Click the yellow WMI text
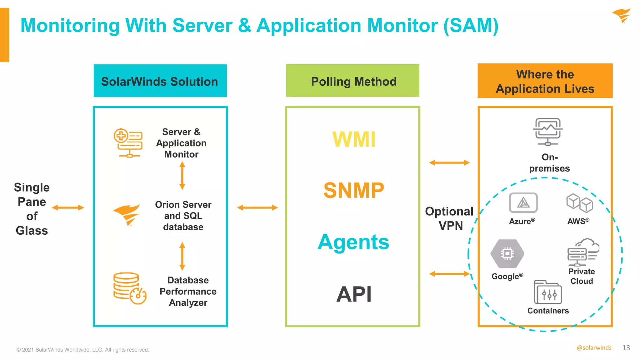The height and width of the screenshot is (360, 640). coord(354,139)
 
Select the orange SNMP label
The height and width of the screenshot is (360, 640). coord(354,190)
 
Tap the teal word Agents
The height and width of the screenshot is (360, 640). coord(353,242)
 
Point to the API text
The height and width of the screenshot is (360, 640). coord(354,294)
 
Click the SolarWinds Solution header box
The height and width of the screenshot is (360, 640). coord(160,81)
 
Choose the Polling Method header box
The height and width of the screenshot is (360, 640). coord(352,81)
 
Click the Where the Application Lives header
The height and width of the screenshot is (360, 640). coord(545,81)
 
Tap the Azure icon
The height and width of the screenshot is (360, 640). coord(523,203)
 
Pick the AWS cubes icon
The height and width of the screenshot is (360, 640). coord(579,203)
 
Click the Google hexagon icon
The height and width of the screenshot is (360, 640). coord(507,253)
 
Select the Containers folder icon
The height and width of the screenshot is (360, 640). coord(547,292)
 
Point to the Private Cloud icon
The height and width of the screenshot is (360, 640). coord(583,252)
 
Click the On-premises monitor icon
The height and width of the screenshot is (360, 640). coord(548,132)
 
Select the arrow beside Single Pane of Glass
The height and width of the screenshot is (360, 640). coord(68,207)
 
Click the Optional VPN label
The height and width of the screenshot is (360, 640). coord(449,218)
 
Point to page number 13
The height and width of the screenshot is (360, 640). coord(626,348)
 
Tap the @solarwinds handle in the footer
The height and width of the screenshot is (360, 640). coord(594,348)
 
